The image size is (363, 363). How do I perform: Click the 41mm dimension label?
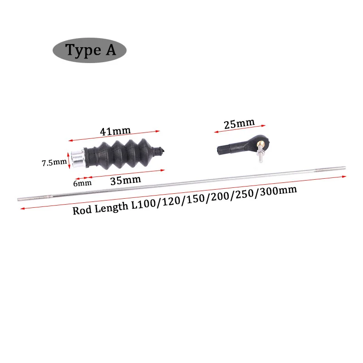(115, 131)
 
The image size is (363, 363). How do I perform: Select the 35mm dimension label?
(125, 180)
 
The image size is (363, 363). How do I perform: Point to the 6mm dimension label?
(83, 183)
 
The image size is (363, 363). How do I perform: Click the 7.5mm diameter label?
(54, 162)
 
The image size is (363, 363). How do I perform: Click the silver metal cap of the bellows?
(76, 157)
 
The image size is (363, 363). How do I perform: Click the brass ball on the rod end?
(261, 144)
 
